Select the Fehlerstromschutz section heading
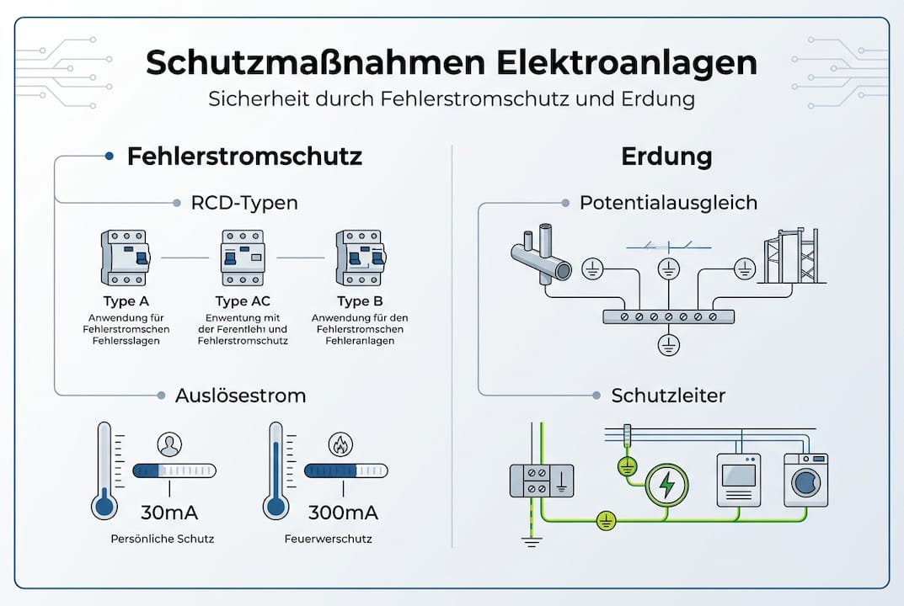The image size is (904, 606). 244,157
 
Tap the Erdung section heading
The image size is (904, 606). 666,157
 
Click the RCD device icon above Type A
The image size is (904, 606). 125,258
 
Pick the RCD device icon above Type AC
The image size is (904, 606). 243,258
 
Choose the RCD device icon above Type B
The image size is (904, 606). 360,258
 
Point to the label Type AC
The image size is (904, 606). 243,301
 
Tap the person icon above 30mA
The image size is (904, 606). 170,445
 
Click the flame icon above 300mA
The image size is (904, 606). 340,445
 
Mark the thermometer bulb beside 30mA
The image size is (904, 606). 104,506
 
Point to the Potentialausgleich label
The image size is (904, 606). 668,203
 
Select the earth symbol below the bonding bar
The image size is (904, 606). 668,344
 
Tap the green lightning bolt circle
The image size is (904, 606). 666,484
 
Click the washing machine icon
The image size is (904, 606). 805,480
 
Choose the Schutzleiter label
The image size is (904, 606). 668,395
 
